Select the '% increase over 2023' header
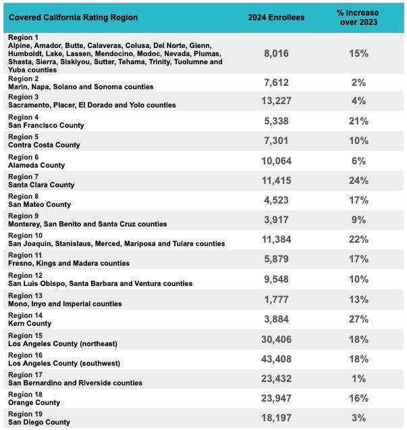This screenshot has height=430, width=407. (358, 18)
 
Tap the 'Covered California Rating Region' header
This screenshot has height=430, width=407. (73, 18)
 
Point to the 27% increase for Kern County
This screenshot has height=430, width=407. (358, 319)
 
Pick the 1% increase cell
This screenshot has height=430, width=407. (358, 379)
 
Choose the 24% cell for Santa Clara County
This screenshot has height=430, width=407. (358, 181)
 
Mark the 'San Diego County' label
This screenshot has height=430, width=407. (39, 423)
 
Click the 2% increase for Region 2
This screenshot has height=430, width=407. (358, 82)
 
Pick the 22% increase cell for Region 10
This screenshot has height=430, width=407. (358, 240)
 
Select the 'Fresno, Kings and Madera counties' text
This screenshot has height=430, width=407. (69, 264)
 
